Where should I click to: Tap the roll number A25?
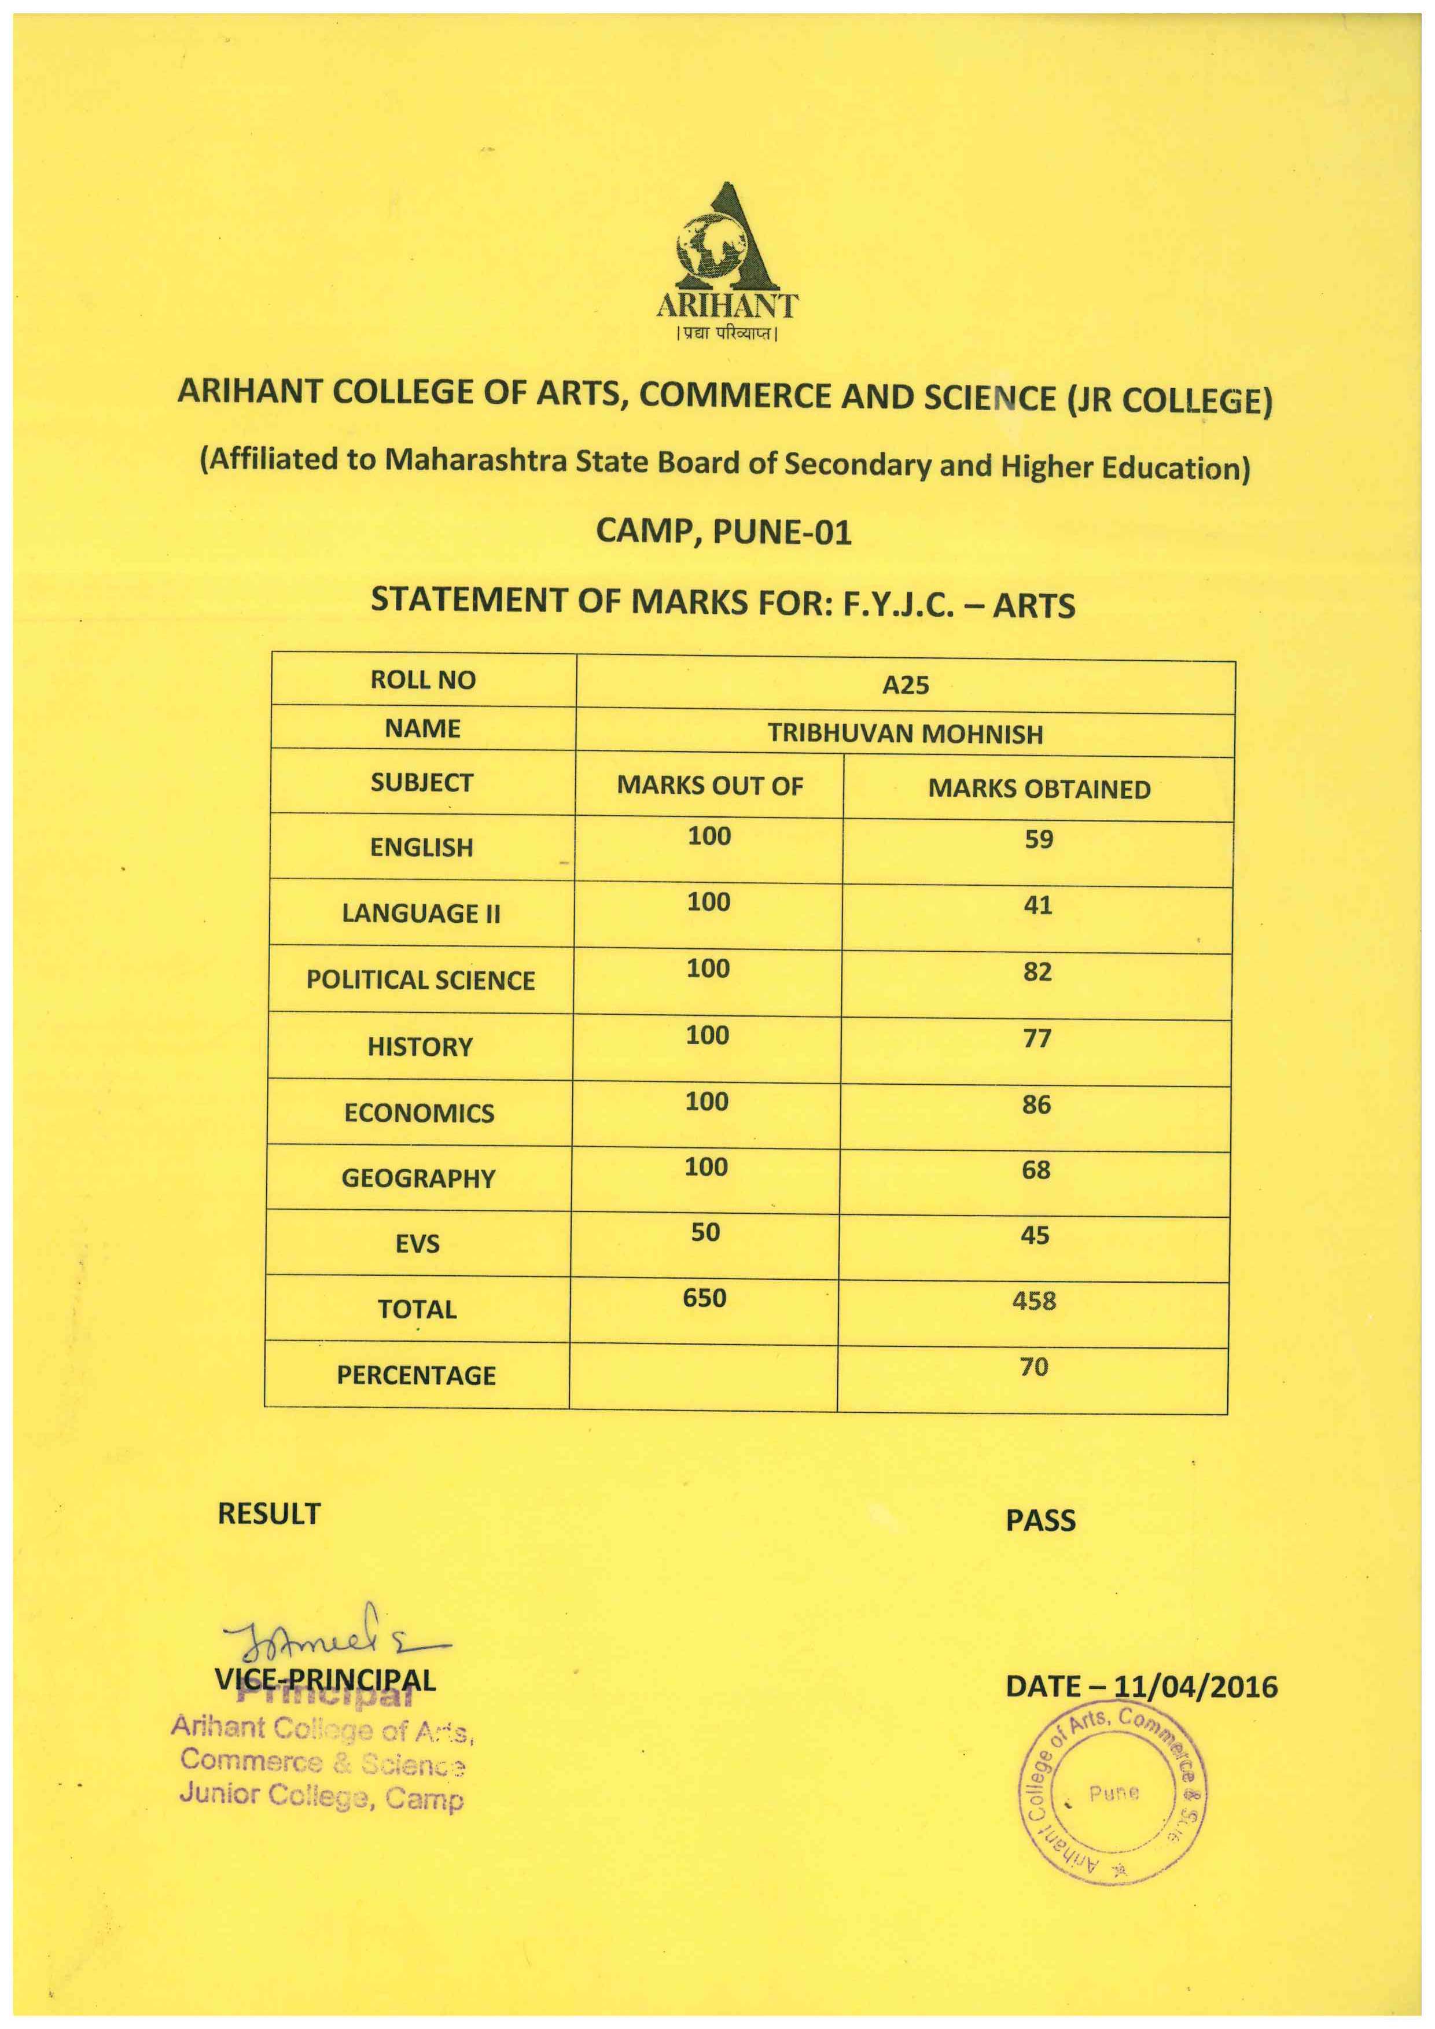[906, 686]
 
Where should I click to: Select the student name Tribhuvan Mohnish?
[905, 734]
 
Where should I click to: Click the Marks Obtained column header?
[1039, 789]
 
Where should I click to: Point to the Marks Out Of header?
[709, 786]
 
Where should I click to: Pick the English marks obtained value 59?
[1039, 839]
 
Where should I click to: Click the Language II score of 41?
[1037, 905]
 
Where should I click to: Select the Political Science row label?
[421, 980]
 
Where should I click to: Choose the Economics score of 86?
[1036, 1104]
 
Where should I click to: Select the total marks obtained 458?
[1034, 1301]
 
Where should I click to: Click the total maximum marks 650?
[704, 1298]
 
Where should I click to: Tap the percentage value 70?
[1034, 1367]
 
